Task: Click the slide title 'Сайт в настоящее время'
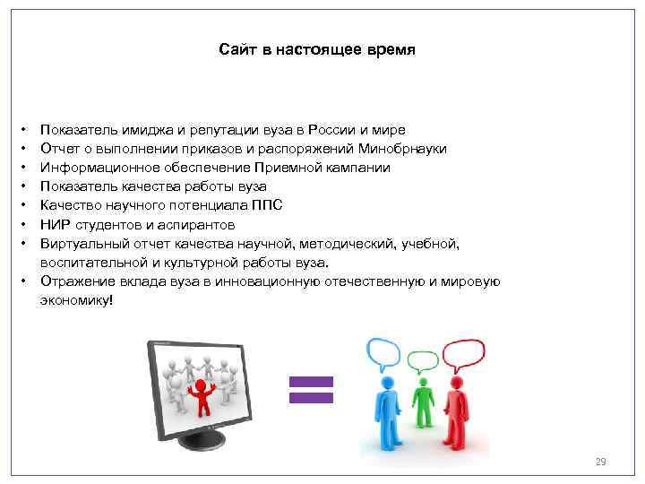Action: click(316, 49)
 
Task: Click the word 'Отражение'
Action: click(72, 281)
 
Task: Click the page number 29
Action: click(600, 462)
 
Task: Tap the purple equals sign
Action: click(310, 388)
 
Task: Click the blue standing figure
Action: click(387, 412)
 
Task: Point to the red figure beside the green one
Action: click(457, 412)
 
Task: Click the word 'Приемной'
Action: click(262, 168)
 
